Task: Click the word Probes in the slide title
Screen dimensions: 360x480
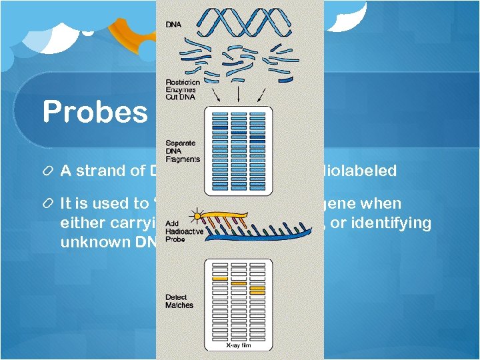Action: pos(95,112)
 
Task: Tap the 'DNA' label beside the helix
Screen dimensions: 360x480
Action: pos(173,25)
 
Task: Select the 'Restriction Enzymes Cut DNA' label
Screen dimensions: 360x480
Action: pos(182,91)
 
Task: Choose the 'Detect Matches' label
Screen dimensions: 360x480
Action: pos(179,301)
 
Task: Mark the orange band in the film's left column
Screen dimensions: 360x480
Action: pos(221,278)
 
